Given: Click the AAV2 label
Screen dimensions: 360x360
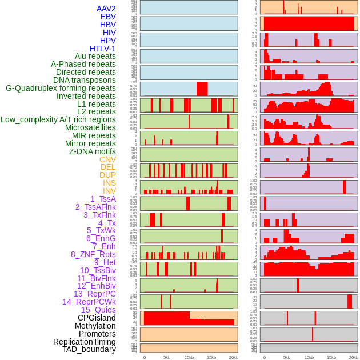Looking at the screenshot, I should coord(106,9).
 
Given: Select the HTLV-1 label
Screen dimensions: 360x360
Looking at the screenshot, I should coord(103,49).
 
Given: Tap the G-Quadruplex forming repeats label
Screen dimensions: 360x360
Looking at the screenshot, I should coord(61,88).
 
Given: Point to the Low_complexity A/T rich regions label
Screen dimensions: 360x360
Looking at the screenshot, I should coord(58,119).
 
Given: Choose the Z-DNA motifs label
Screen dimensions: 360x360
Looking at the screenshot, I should coord(93,151).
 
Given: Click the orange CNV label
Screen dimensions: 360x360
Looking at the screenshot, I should coord(107,159).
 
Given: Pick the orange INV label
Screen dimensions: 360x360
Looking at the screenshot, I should coord(109,191).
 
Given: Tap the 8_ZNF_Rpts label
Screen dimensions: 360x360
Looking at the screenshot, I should coord(93,254).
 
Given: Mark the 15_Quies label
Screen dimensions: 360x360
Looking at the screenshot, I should coord(98,310).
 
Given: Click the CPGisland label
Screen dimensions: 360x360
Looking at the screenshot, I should coord(97,318).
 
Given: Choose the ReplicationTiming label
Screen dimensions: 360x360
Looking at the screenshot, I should coord(85,342).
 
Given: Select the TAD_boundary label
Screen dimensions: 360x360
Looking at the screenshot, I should coord(89,349).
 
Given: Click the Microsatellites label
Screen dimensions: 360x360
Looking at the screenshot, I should coord(90,127).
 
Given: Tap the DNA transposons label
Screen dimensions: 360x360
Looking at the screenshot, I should coord(85,80).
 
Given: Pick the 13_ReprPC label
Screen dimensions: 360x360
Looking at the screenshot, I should coord(95,294).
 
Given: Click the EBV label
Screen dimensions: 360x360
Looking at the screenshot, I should coord(108,17).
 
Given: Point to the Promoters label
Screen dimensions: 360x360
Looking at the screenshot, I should coord(97,334).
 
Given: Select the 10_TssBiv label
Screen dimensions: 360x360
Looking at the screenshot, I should coord(98,270).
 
